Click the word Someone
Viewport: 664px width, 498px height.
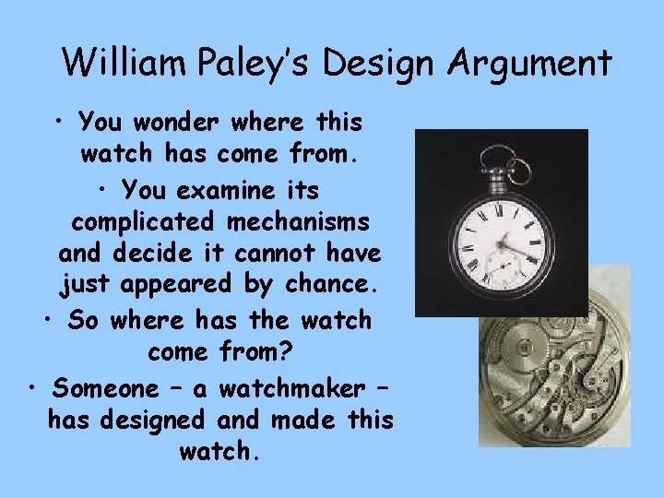point(104,388)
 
